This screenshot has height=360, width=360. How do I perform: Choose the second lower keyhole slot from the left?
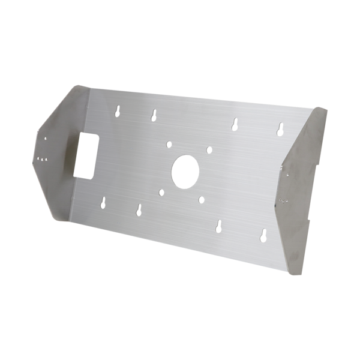click(x=139, y=209)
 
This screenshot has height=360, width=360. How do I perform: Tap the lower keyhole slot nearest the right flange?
click(x=264, y=235)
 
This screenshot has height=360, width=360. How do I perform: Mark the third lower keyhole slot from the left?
click(x=218, y=226)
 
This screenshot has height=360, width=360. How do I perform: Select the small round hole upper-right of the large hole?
click(x=208, y=150)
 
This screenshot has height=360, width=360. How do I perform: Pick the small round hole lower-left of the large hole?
click(x=161, y=193)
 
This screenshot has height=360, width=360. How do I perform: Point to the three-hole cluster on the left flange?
click(x=42, y=159)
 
